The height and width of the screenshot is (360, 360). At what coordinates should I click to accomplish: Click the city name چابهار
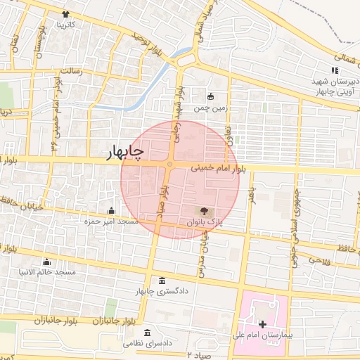point(126,152)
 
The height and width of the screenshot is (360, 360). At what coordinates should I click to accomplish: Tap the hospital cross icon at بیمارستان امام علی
point(262,324)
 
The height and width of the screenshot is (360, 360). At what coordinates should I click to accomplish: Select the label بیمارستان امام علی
point(261,335)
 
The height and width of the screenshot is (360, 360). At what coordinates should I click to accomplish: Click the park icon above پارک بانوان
point(204,210)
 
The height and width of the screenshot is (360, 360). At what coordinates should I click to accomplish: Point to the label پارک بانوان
point(204,221)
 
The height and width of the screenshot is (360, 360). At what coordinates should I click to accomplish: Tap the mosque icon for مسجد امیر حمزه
point(110,210)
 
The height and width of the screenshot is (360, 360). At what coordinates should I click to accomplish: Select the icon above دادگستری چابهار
point(162,281)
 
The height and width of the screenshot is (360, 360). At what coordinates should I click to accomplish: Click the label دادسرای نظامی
point(148,344)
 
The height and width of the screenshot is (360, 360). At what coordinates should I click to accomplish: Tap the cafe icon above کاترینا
point(65,14)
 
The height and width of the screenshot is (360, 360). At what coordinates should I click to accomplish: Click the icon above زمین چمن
point(210,96)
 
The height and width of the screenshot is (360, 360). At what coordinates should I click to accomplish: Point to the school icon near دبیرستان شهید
point(335,70)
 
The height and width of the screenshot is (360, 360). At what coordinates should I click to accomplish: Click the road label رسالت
point(72,71)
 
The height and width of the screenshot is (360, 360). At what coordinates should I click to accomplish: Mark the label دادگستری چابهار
point(162,292)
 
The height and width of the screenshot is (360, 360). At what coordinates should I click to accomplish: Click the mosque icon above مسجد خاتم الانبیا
point(47,262)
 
